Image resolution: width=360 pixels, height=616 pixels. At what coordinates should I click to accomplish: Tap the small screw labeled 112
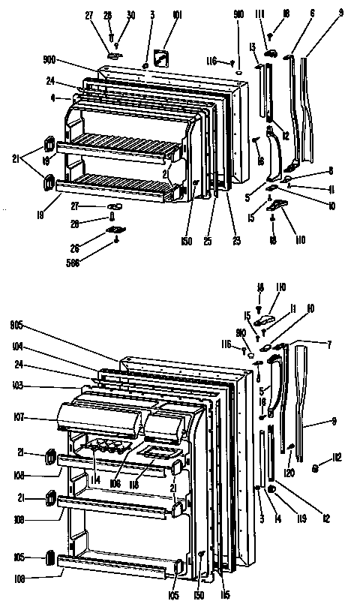point(316,470)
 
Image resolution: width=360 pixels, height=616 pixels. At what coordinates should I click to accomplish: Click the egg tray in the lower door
point(105,448)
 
